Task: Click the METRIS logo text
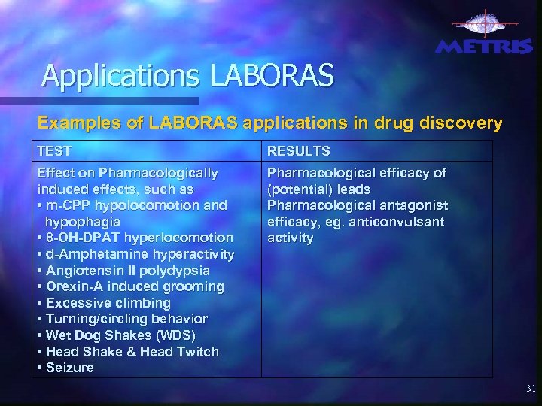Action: pyautogui.click(x=484, y=47)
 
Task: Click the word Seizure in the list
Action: pyautogui.click(x=70, y=368)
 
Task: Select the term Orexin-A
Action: pyautogui.click(x=75, y=286)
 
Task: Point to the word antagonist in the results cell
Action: pyautogui.click(x=410, y=205)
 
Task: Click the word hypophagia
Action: pyautogui.click(x=82, y=223)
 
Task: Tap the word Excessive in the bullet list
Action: pyautogui.click(x=78, y=303)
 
